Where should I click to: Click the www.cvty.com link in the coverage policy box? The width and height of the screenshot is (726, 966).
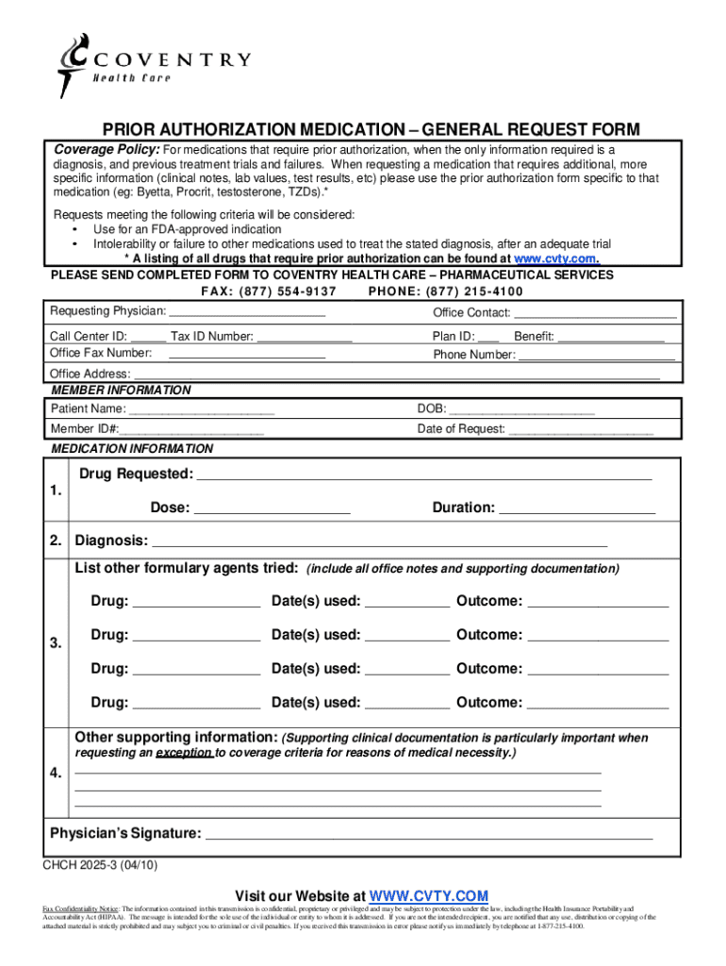pos(555,258)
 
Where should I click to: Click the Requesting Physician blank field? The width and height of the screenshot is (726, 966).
pos(247,311)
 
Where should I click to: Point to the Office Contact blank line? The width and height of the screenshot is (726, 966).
pos(595,313)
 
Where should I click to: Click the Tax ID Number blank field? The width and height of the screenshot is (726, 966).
pos(305,336)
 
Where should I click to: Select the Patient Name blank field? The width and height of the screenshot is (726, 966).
pos(201,409)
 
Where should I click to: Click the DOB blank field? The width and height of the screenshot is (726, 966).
pos(522,409)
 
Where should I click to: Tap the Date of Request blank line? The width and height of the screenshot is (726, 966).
pos(581,430)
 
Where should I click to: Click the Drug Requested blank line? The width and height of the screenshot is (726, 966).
pos(424,475)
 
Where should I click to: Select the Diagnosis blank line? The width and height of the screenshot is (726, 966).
pos(380,541)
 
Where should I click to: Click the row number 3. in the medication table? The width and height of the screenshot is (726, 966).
pos(57,643)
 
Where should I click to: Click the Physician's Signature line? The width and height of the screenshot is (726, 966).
pos(429,834)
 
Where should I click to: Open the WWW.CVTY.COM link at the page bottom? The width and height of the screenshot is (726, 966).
pos(429,895)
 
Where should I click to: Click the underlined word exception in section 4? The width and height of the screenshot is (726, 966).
pos(184,754)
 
